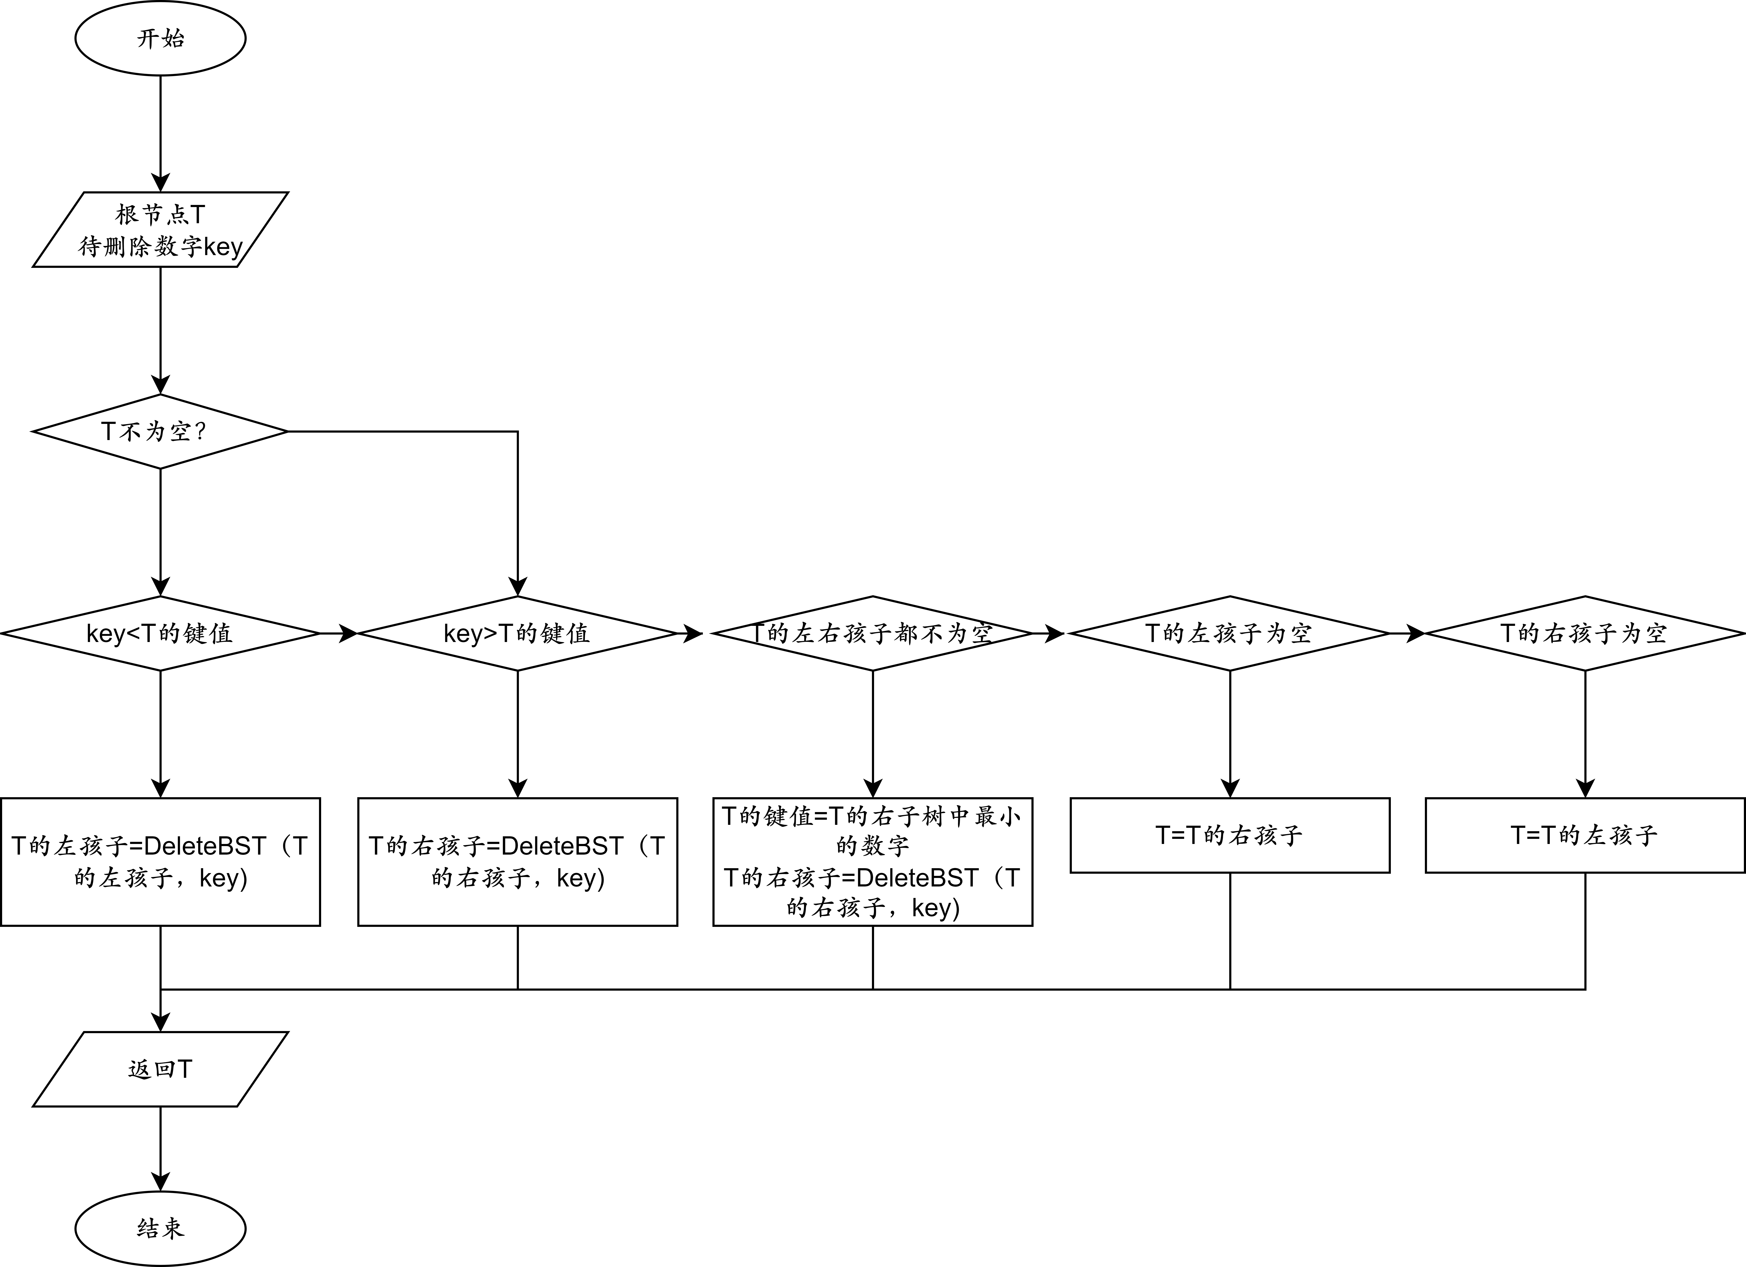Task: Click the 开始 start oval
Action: click(x=160, y=38)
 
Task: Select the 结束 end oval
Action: click(x=160, y=1228)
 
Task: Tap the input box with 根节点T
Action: click(x=160, y=229)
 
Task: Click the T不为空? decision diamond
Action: click(x=160, y=431)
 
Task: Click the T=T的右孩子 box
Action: click(x=1229, y=835)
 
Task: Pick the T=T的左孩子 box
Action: click(x=1584, y=835)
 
